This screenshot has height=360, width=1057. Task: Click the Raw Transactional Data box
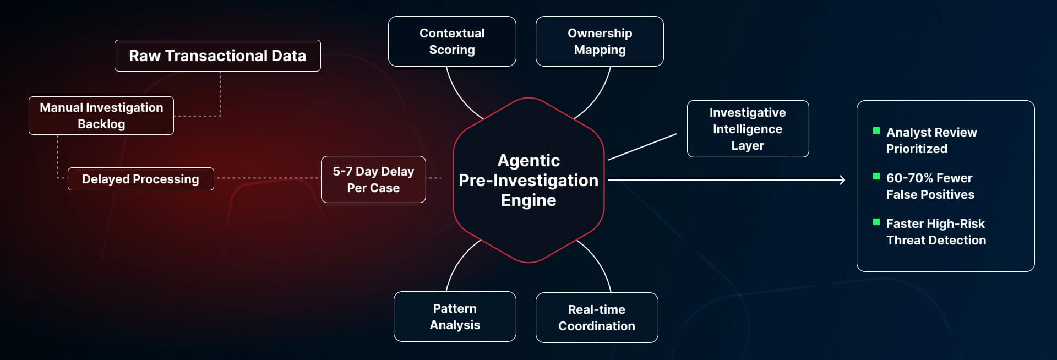click(x=217, y=56)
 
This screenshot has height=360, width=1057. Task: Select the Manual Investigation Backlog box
click(x=101, y=116)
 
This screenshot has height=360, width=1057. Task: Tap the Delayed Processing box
click(x=140, y=179)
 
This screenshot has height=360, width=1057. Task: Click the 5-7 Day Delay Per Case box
click(x=373, y=179)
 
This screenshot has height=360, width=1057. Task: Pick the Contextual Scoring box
click(x=452, y=41)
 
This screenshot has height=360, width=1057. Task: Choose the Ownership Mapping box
click(x=600, y=41)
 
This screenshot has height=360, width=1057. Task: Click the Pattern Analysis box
click(x=455, y=317)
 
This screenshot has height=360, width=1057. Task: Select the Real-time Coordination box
click(x=597, y=318)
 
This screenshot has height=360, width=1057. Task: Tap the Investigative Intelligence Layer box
click(x=748, y=129)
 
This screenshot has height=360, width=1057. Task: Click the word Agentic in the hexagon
click(x=528, y=160)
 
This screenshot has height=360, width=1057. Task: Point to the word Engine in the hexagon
click(x=528, y=200)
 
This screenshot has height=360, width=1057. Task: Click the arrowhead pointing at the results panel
click(x=842, y=180)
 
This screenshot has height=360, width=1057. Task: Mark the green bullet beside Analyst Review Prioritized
click(x=876, y=130)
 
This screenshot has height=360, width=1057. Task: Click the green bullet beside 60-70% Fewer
click(x=876, y=176)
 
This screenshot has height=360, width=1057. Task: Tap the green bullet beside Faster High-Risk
click(x=876, y=222)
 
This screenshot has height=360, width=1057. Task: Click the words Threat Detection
click(x=936, y=240)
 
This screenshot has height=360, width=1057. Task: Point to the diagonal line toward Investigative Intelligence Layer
click(x=642, y=147)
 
